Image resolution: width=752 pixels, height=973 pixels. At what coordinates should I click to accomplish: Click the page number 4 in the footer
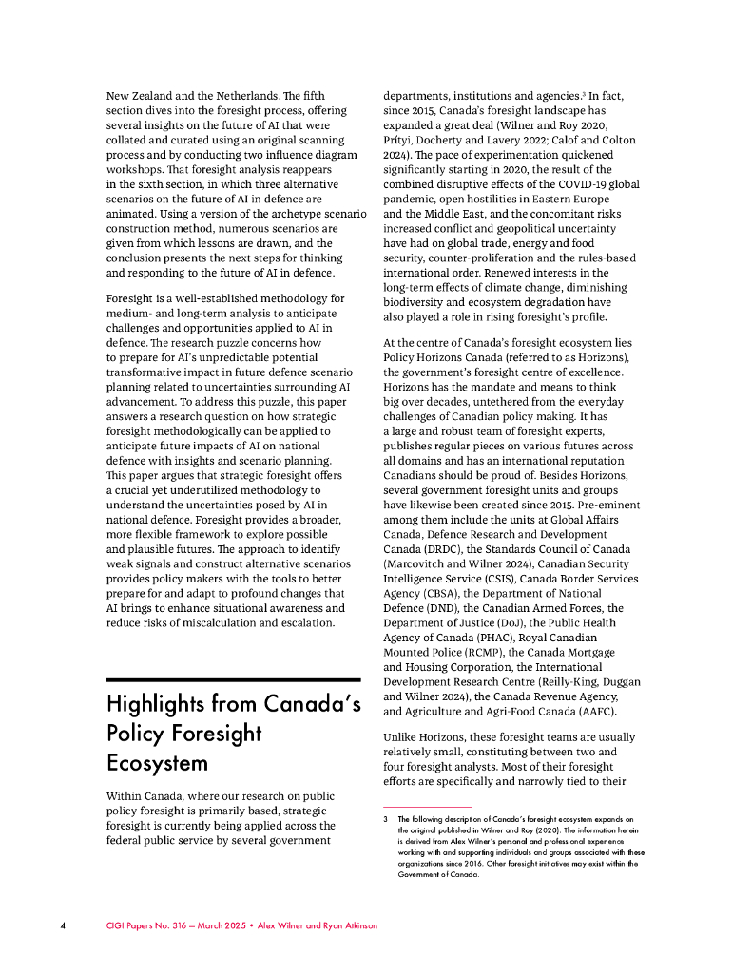[x=63, y=925]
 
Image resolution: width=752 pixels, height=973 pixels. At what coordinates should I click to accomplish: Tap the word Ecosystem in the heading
[x=157, y=765]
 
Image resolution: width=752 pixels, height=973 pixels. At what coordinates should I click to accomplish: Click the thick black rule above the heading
[x=233, y=679]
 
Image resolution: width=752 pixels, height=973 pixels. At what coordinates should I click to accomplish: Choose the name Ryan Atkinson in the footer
[x=345, y=925]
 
